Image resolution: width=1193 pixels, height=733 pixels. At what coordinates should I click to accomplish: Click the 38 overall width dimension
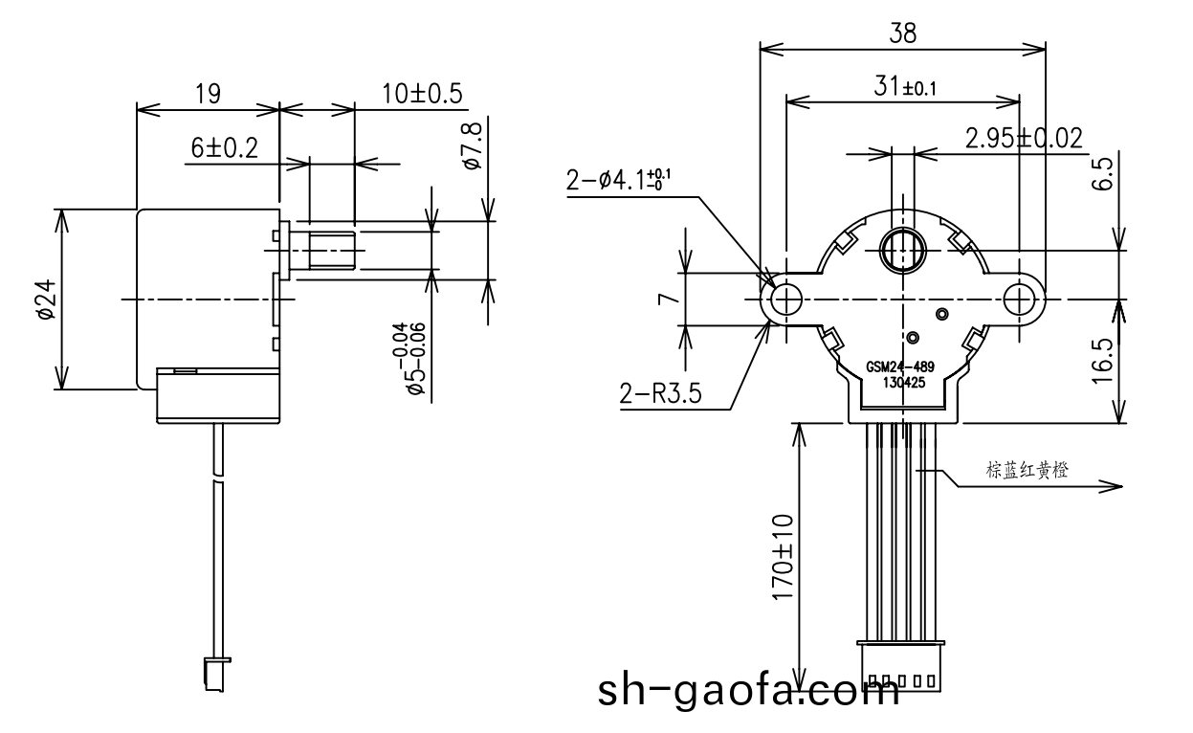(x=902, y=33)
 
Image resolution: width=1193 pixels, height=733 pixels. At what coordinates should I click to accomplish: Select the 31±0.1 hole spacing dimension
(x=903, y=87)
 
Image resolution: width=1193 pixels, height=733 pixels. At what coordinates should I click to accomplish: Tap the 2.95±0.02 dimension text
(x=1024, y=139)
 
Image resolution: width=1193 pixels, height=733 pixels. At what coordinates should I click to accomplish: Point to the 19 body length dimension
(x=208, y=94)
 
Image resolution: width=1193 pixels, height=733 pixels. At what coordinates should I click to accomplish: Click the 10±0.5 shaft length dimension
(x=422, y=94)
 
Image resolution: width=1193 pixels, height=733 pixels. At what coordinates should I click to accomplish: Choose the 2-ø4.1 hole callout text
(x=617, y=181)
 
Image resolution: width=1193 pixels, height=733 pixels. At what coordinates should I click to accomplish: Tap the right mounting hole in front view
(x=1019, y=300)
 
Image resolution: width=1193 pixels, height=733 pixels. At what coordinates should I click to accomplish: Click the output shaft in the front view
(x=901, y=251)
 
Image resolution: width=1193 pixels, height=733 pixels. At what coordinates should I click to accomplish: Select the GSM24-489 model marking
(x=900, y=367)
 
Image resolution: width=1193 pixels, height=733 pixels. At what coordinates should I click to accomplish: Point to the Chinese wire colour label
(x=1027, y=470)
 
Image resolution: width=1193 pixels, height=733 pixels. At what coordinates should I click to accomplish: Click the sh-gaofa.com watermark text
(x=748, y=691)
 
